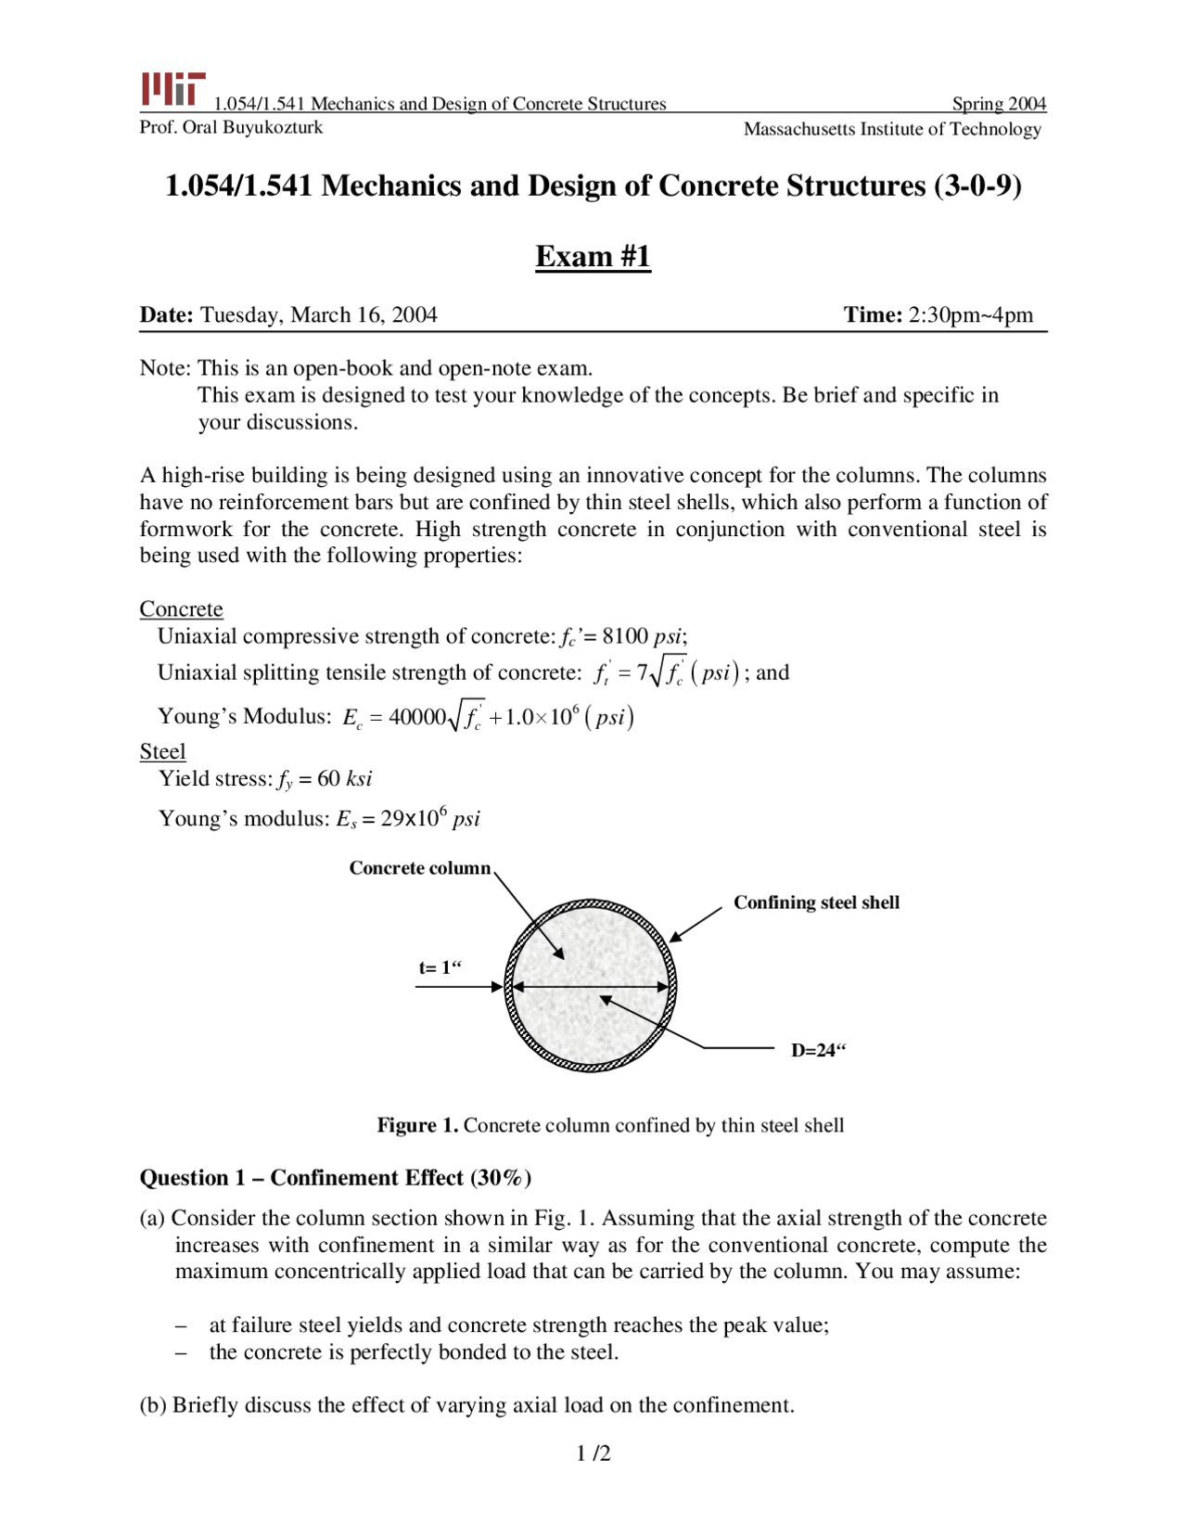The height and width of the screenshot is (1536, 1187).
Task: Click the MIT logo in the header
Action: pyautogui.click(x=172, y=90)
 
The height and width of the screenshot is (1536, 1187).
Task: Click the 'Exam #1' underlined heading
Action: pyautogui.click(x=593, y=256)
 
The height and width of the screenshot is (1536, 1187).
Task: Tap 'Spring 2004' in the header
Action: pyautogui.click(x=999, y=104)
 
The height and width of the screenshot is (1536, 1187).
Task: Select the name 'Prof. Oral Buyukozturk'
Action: pyautogui.click(x=231, y=127)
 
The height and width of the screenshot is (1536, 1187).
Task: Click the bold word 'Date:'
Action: pyautogui.click(x=166, y=315)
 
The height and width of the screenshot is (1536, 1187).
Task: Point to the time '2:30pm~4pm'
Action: pyautogui.click(x=970, y=315)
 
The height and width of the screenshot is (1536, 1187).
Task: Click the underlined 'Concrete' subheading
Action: pyautogui.click(x=181, y=609)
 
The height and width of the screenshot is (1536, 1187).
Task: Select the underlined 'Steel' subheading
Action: pyautogui.click(x=162, y=751)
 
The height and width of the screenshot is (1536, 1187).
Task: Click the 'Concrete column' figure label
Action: pyautogui.click(x=419, y=868)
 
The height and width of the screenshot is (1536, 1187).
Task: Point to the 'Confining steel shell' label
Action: pyautogui.click(x=816, y=902)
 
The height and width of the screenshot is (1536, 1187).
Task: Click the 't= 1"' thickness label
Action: pyautogui.click(x=440, y=968)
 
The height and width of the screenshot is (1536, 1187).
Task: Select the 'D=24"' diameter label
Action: pyautogui.click(x=818, y=1051)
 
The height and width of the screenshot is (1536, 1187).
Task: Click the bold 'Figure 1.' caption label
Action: pyautogui.click(x=417, y=1126)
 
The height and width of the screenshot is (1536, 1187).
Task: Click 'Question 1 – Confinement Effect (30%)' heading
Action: pyautogui.click(x=335, y=1178)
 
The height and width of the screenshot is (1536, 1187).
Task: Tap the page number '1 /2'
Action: pyautogui.click(x=593, y=1453)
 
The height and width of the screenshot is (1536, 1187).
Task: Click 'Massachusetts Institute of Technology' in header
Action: pyautogui.click(x=892, y=129)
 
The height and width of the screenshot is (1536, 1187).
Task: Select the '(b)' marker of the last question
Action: pyautogui.click(x=153, y=1405)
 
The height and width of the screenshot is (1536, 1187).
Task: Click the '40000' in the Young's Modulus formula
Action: pyautogui.click(x=417, y=717)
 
